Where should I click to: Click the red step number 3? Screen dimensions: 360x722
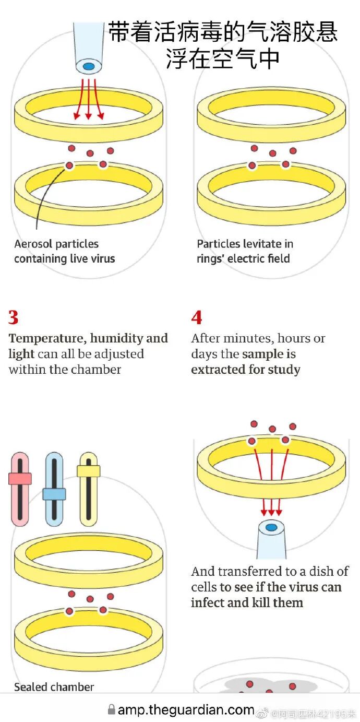click(14, 317)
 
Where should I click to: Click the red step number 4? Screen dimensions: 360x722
click(197, 317)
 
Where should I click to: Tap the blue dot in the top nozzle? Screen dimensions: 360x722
click(89, 66)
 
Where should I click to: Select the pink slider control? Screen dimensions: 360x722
click(20, 478)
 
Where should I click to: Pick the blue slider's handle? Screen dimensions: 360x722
click(54, 494)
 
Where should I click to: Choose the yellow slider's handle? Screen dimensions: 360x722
click(88, 471)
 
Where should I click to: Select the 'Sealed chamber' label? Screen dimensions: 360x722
click(54, 687)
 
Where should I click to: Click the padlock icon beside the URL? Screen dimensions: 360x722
click(111, 709)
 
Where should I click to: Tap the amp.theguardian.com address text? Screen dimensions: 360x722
click(186, 709)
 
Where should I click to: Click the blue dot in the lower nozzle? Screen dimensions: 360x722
click(271, 527)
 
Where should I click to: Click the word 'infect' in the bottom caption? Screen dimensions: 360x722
click(206, 602)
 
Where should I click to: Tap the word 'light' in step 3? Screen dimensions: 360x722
click(21, 354)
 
